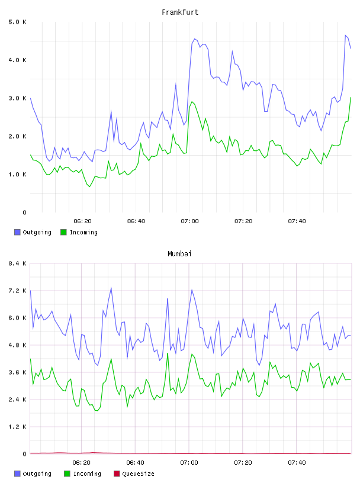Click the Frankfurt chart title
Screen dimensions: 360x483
(x=180, y=12)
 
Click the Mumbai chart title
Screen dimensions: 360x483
(x=179, y=254)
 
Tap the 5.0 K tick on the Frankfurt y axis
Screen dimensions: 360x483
(x=18, y=22)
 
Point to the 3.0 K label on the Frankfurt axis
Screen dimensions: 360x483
(x=18, y=98)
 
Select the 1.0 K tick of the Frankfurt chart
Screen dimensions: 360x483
(x=18, y=175)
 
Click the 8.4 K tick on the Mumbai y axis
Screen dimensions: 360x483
(x=18, y=263)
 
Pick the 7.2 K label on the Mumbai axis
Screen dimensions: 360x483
(x=18, y=291)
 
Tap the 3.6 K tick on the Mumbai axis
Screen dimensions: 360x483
(x=18, y=372)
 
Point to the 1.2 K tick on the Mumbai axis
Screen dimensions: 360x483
(x=18, y=427)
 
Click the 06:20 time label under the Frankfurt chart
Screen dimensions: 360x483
(x=83, y=221)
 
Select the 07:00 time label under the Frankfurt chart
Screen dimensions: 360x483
(x=190, y=221)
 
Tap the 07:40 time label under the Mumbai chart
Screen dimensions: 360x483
(x=297, y=463)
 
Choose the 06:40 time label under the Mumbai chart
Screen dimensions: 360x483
(x=136, y=463)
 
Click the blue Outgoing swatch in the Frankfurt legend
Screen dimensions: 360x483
(x=17, y=232)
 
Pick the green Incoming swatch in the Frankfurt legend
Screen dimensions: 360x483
(x=63, y=232)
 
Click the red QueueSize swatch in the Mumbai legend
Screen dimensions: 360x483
(x=117, y=474)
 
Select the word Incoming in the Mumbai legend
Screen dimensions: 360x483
(x=87, y=474)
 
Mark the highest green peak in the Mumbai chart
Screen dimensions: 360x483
(x=168, y=353)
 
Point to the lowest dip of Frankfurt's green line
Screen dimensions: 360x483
(x=89, y=186)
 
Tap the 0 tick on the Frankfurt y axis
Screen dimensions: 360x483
(x=24, y=212)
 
